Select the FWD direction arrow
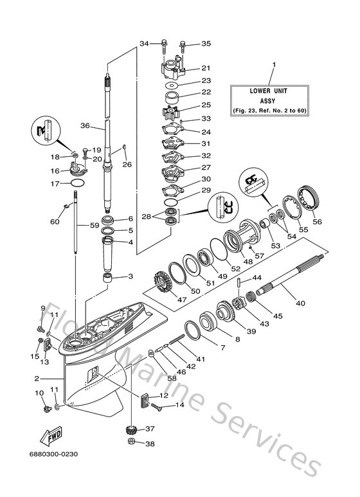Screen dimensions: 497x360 point(51,437)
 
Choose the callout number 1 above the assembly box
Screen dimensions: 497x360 point(273,65)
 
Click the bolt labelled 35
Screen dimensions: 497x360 point(184,44)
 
